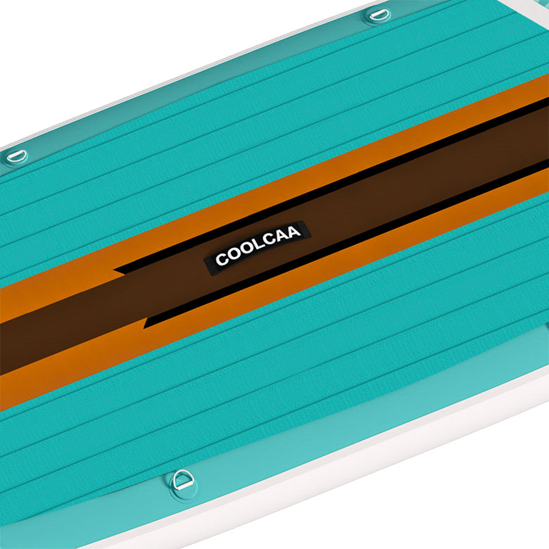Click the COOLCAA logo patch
click(257, 244)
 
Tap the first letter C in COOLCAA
click(221, 260)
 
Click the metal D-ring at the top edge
click(378, 13)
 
